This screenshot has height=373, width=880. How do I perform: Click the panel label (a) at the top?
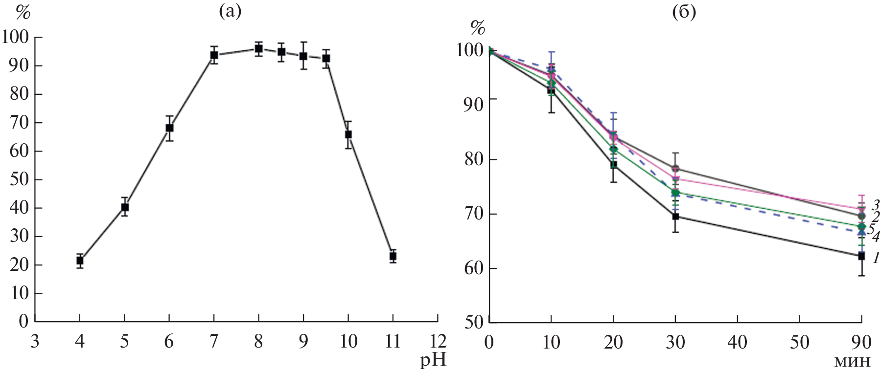point(230,11)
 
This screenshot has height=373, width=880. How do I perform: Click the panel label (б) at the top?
point(684,11)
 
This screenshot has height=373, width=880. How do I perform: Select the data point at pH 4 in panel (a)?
point(80,261)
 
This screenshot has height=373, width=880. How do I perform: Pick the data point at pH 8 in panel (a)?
point(258,48)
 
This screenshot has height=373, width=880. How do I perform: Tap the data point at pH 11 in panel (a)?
point(393,256)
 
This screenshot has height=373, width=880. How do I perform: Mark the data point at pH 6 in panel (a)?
point(169,128)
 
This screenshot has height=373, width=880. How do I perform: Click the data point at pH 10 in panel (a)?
point(348,134)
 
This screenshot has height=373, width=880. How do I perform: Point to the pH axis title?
point(433,361)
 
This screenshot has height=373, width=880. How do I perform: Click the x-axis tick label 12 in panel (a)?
point(437,341)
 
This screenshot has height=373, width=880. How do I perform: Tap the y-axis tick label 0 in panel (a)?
point(23,322)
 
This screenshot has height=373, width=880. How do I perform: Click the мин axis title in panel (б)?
point(852,361)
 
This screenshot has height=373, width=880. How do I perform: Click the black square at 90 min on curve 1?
point(861,256)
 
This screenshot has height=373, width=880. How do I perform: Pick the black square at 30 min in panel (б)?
point(675,216)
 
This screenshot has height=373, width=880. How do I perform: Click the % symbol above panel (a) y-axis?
point(23,13)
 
